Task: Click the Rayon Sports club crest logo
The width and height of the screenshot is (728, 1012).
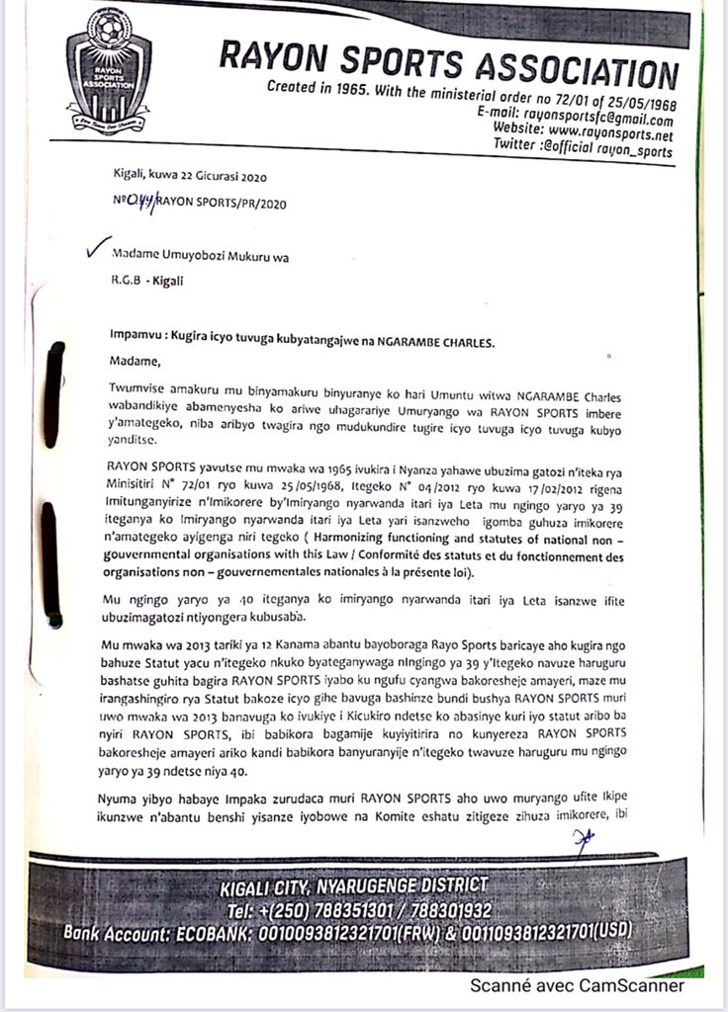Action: click(109, 74)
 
